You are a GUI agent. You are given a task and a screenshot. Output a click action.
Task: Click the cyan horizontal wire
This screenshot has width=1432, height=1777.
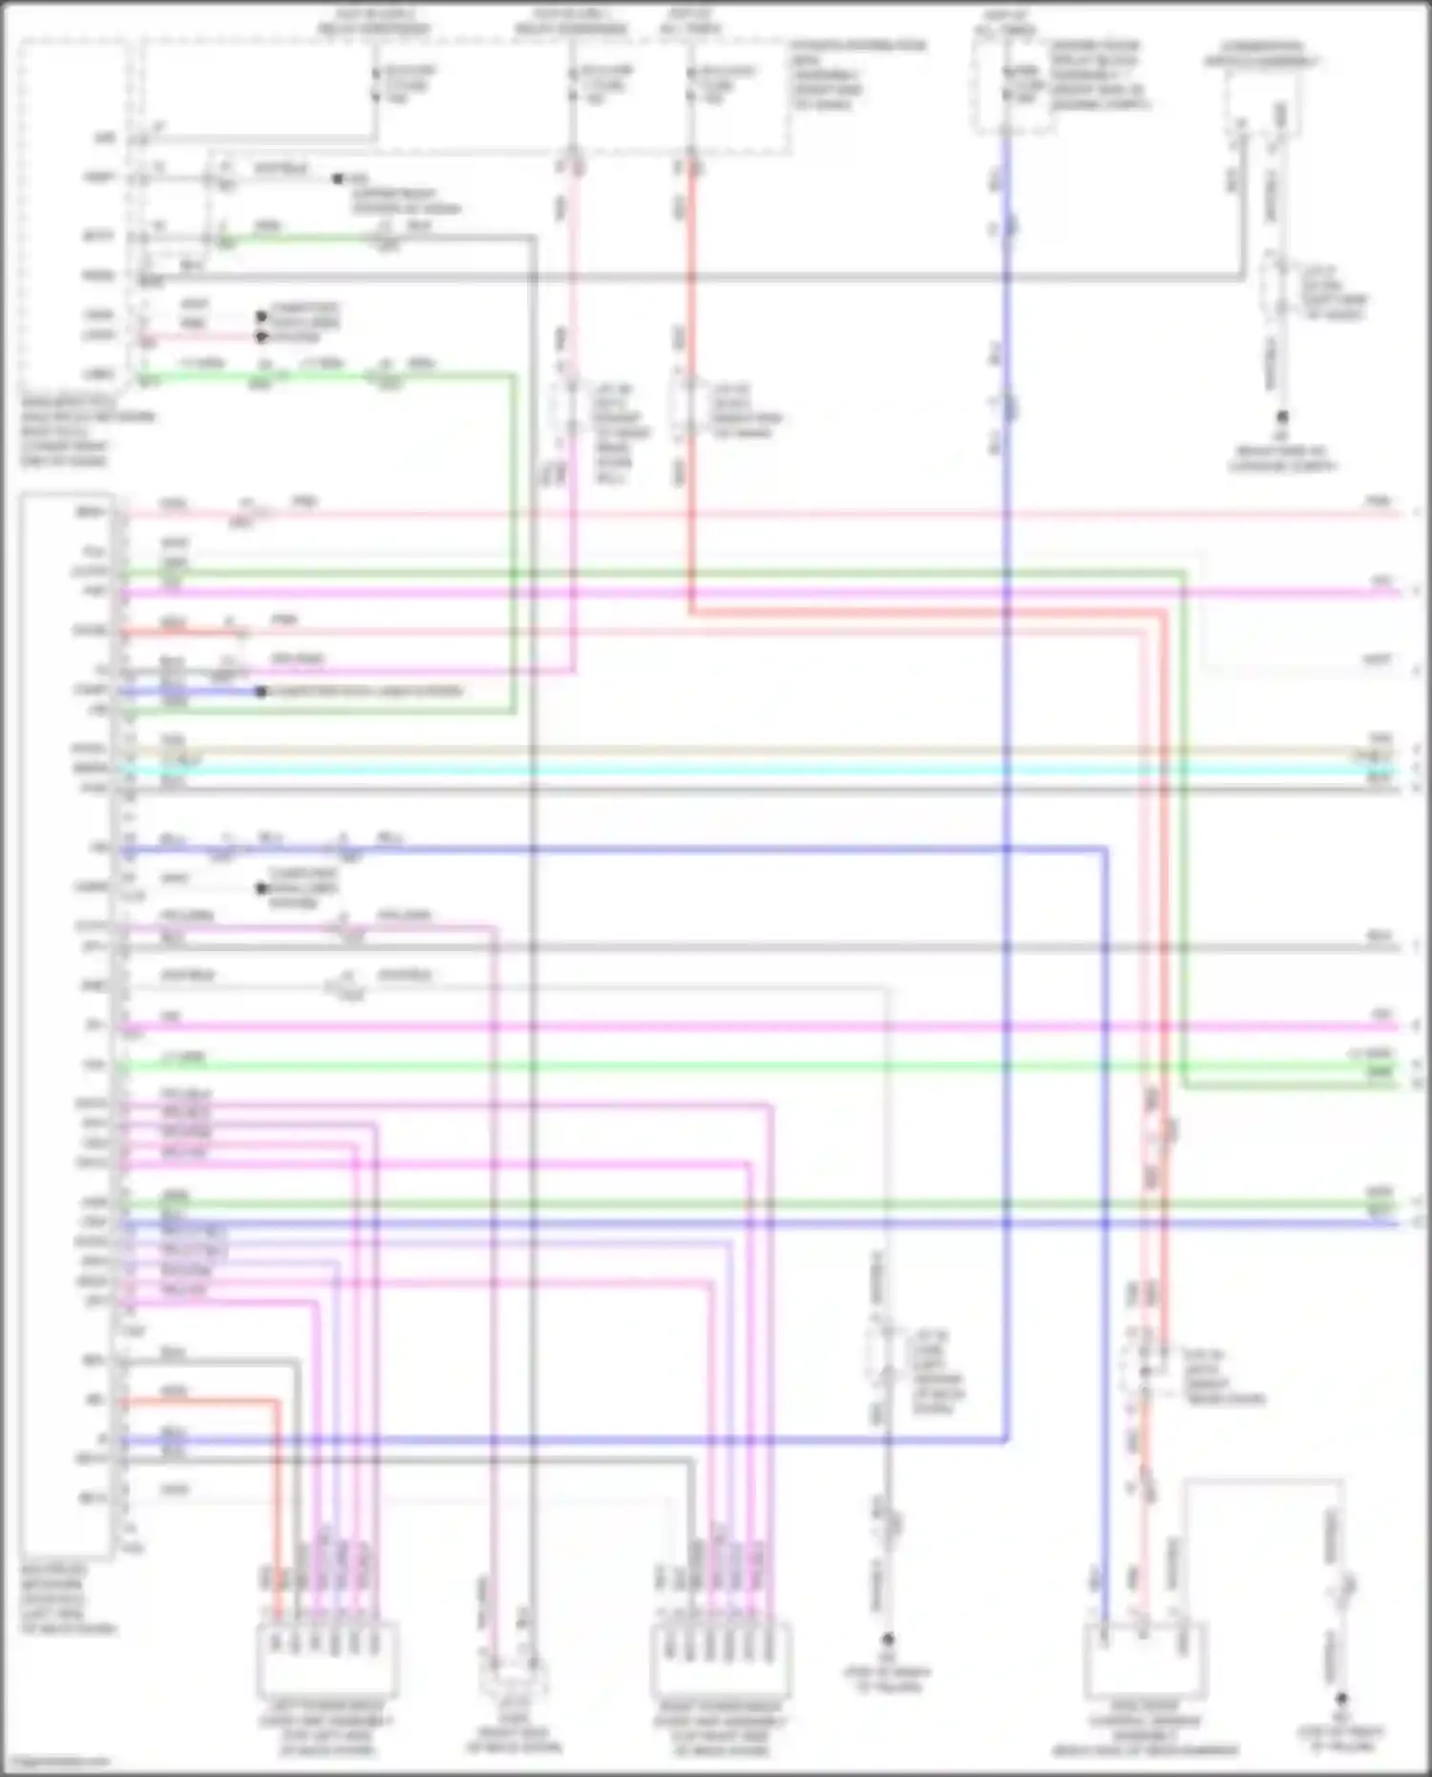pos(764,770)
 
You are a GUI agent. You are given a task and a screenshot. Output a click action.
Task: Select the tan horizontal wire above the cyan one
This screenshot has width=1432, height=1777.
pos(764,751)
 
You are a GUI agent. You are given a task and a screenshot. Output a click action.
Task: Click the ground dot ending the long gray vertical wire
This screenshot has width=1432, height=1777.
pos(887,1639)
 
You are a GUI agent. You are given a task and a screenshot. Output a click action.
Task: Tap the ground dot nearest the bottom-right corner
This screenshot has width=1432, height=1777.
pos(1341,1700)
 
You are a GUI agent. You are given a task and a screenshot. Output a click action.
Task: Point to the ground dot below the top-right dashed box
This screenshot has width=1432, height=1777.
pos(1282,417)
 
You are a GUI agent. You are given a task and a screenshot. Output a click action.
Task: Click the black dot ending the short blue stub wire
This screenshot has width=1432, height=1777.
pos(261,691)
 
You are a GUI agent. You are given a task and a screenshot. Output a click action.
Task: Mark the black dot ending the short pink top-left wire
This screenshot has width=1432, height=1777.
pos(261,336)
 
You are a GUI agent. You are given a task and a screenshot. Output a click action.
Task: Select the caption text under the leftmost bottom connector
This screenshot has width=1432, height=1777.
pos(327,1728)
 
